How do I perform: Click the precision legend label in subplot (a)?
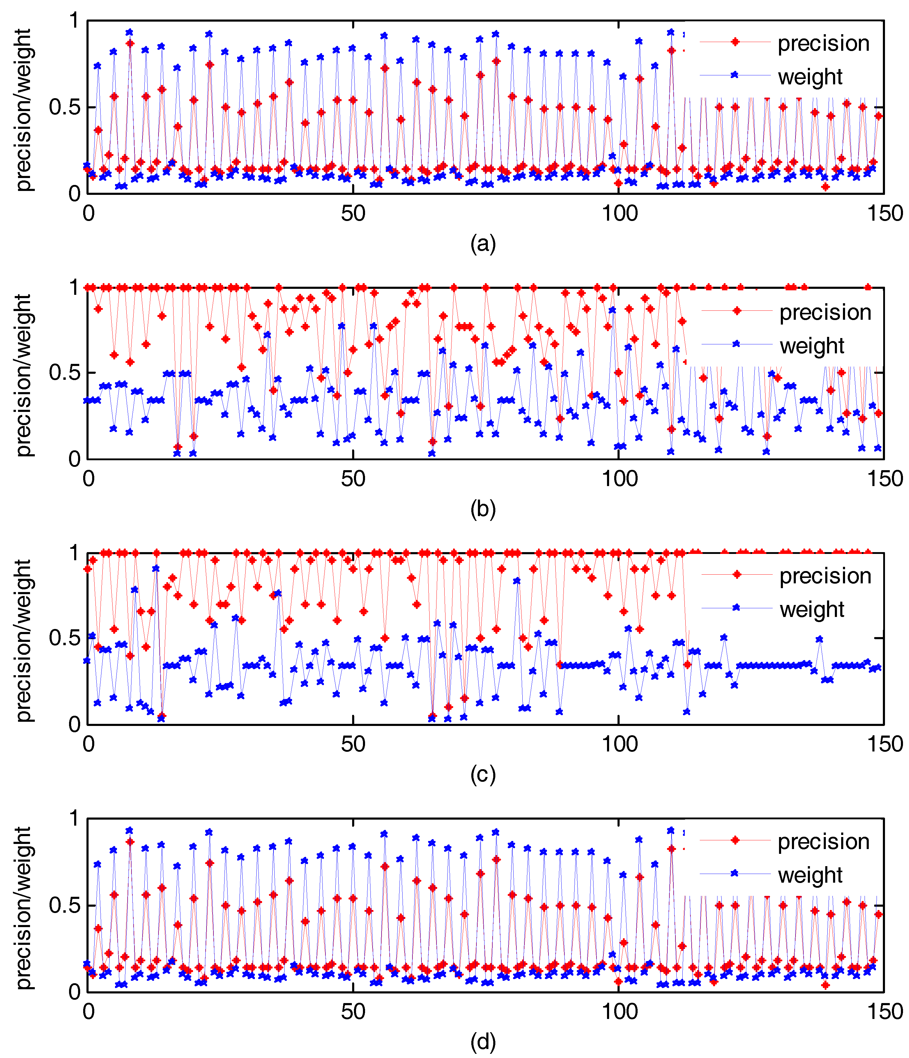point(823,44)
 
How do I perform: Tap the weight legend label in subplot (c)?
point(811,610)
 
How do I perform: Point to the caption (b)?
point(483,509)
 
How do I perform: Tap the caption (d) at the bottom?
point(483,1042)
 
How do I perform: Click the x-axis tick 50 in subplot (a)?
point(353,213)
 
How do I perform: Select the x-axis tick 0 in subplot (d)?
point(88,1011)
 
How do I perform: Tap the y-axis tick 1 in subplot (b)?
point(74,288)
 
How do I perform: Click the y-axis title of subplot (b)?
point(23,375)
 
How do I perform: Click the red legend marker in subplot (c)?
point(736,575)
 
